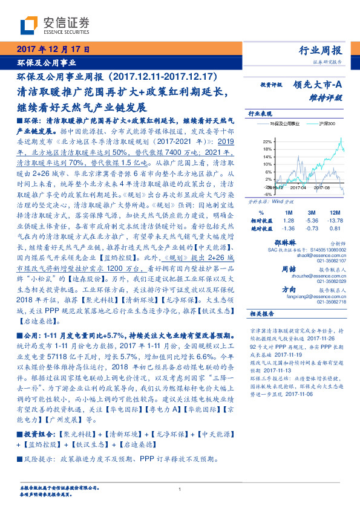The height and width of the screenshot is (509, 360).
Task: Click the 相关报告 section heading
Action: pyautogui.click(x=261, y=314)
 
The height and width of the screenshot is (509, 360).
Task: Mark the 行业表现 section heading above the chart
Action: pyautogui.click(x=261, y=113)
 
